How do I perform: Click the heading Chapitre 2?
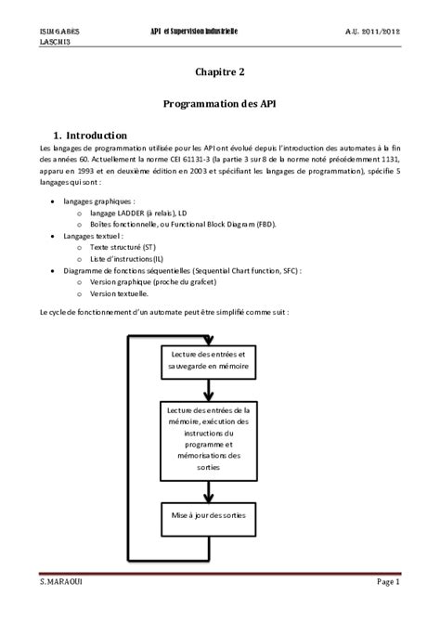[x=220, y=71]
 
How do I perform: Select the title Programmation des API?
[x=220, y=105]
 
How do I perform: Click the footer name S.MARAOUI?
[x=63, y=608]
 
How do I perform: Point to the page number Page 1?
[x=387, y=608]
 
